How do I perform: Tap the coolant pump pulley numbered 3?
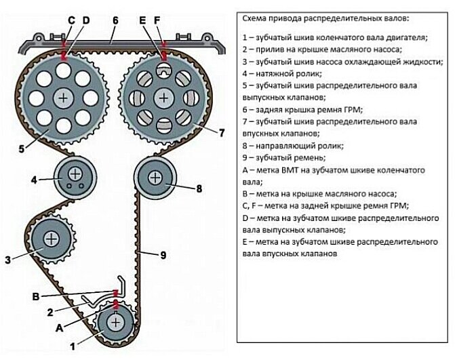(52, 239)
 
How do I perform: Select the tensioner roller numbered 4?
(71, 178)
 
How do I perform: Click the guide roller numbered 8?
(155, 178)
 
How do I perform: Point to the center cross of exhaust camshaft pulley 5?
(63, 98)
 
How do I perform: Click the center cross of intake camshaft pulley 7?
(163, 98)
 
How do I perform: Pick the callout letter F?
(158, 21)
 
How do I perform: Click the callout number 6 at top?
(116, 21)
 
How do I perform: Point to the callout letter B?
(35, 296)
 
